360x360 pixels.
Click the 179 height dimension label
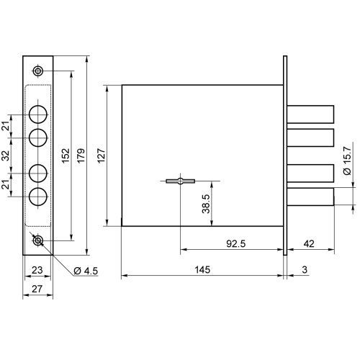(81, 156)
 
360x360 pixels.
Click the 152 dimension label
(66, 156)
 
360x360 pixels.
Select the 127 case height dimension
(102, 156)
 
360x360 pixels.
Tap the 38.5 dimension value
(206, 204)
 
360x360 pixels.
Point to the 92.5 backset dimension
(236, 243)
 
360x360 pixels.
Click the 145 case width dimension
(202, 269)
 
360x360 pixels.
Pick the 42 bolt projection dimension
(309, 243)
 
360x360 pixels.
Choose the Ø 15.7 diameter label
(347, 161)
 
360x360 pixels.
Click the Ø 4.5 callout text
(86, 271)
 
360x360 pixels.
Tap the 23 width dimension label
(37, 270)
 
